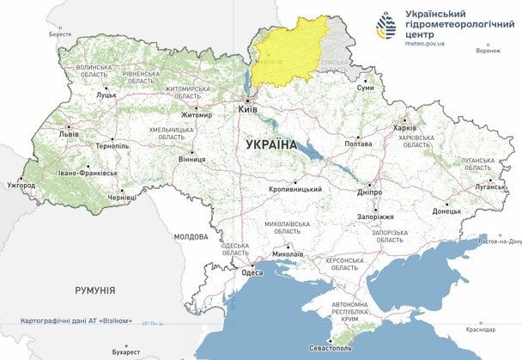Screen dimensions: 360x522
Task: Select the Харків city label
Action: pos(404,128)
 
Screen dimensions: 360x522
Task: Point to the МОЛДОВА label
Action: pos(191,236)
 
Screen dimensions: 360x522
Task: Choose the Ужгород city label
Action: pos(21,185)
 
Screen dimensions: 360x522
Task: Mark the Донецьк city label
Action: pos(446,211)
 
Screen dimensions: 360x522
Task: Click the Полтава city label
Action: pos(357,144)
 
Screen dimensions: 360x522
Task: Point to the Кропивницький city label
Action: pos(294,189)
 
